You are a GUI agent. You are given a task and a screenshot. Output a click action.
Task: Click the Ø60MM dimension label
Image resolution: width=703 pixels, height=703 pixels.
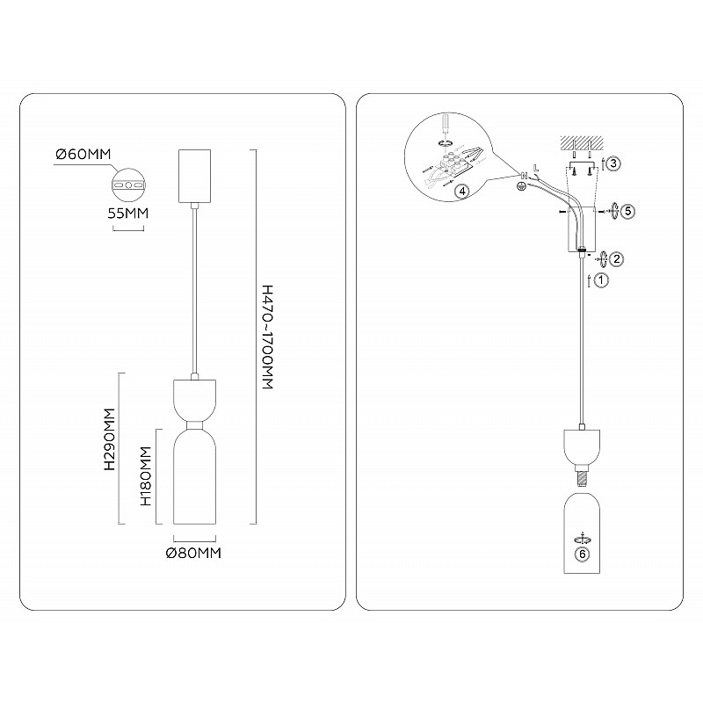[x=83, y=155]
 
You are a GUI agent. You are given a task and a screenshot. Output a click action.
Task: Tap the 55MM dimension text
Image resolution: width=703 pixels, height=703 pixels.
[x=127, y=213]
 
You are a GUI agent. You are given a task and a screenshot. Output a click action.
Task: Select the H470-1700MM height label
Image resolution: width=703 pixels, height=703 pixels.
[x=267, y=337]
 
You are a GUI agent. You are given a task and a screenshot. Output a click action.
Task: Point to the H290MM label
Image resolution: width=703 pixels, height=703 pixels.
[x=109, y=438]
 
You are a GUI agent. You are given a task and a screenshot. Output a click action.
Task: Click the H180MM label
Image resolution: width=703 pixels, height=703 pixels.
[x=146, y=476]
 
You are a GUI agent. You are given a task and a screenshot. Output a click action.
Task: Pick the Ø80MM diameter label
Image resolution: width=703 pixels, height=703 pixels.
[x=193, y=553]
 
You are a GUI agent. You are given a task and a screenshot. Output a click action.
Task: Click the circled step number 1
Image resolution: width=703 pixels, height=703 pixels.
[x=601, y=280]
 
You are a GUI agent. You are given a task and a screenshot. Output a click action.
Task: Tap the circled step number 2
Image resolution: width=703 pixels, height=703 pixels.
[x=617, y=258]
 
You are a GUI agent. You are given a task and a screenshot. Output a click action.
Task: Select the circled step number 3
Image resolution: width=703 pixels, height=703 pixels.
[x=613, y=163]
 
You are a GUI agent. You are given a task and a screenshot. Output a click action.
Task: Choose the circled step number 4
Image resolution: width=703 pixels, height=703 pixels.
[x=462, y=192]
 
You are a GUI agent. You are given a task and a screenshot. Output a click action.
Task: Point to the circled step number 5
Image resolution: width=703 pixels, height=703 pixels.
[x=628, y=211]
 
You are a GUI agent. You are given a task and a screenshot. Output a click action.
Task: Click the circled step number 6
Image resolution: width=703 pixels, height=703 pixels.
[x=583, y=554]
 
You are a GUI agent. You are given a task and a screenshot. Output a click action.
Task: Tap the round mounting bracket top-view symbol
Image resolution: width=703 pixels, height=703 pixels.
[x=128, y=185]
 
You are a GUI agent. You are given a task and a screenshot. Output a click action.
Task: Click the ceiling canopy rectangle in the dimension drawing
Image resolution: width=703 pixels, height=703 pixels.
[x=194, y=176]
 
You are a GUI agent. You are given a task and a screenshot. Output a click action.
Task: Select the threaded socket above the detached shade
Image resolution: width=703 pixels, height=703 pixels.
[x=582, y=476]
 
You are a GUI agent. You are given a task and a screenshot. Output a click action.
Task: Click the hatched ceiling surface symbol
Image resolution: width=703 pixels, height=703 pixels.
[x=582, y=143]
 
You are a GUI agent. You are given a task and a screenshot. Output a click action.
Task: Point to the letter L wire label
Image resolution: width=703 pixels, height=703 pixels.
[x=536, y=169]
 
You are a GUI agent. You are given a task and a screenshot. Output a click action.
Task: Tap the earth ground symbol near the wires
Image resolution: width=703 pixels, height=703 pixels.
[x=522, y=186]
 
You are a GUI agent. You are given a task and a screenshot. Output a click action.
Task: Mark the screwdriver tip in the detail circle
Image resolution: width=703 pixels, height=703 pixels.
[x=445, y=134]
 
